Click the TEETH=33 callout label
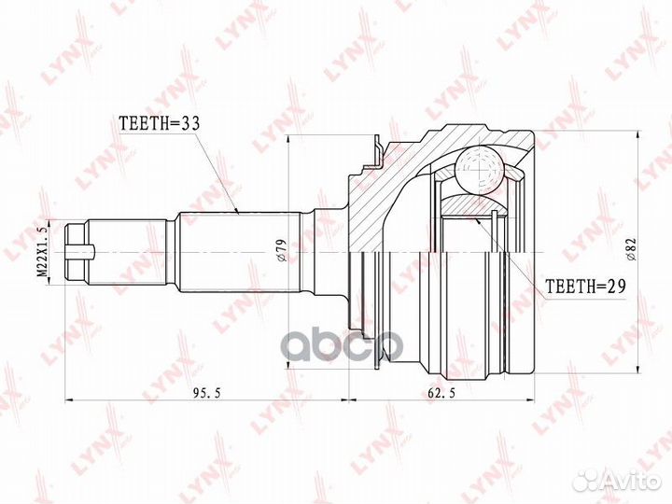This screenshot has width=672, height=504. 159,123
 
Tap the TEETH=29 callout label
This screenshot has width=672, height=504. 585,286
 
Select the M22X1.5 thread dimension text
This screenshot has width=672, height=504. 42,251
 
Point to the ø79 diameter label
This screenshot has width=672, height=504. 281,251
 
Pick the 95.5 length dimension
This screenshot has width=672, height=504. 206,394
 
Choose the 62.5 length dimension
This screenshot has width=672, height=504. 441,394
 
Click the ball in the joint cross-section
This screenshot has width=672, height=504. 478,169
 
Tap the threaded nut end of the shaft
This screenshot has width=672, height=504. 77,251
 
